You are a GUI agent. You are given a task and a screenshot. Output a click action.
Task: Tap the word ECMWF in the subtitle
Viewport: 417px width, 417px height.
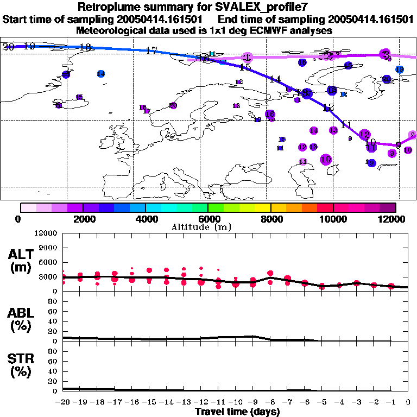pyautogui.click(x=250, y=31)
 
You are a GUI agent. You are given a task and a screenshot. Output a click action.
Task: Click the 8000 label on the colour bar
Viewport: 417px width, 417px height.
pyautogui.click(x=270, y=219)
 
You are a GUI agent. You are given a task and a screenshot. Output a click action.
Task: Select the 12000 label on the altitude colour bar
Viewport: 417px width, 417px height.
pyautogui.click(x=395, y=219)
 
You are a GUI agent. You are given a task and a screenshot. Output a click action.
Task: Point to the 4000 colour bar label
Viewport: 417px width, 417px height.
pyautogui.click(x=145, y=219)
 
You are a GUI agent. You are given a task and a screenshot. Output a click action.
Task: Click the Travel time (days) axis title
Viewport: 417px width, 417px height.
pyautogui.click(x=237, y=412)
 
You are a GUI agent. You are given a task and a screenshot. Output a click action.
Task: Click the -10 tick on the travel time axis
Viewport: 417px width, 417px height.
pyautogui.click(x=236, y=402)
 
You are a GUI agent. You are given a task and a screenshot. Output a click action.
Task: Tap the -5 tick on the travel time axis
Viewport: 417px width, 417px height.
pyautogui.click(x=321, y=402)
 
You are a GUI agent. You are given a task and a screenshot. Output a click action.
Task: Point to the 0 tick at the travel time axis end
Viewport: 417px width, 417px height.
pyautogui.click(x=408, y=402)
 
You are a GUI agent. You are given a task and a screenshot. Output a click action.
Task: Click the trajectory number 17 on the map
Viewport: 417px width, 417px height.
pyautogui.click(x=152, y=51)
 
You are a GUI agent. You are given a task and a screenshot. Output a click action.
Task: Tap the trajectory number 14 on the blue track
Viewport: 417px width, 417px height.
pyautogui.click(x=275, y=79)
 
